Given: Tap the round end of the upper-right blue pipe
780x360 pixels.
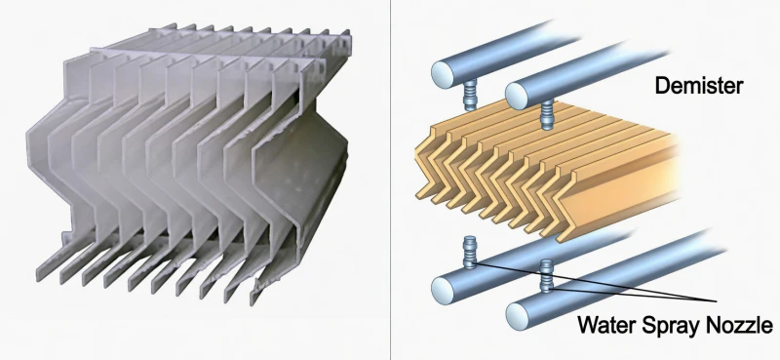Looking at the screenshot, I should [x=516, y=97].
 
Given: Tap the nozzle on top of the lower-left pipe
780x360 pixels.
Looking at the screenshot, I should [x=471, y=251].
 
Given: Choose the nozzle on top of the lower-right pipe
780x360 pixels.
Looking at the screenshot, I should [x=546, y=276].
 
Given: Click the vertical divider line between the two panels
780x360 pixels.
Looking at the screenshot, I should [x=391, y=180].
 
